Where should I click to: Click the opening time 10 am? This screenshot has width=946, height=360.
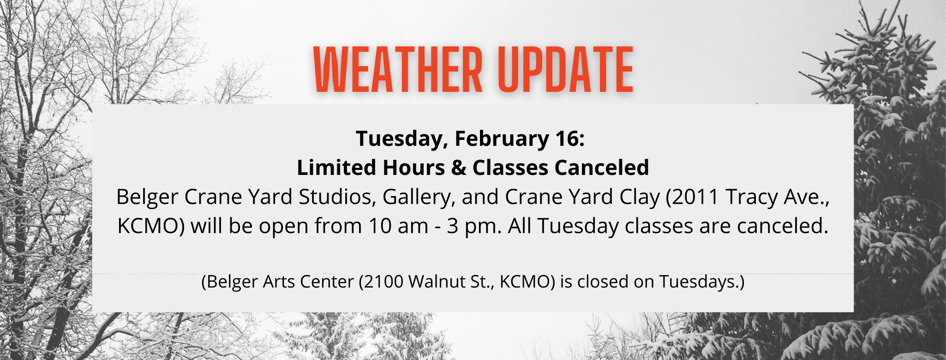[x=399, y=227]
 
